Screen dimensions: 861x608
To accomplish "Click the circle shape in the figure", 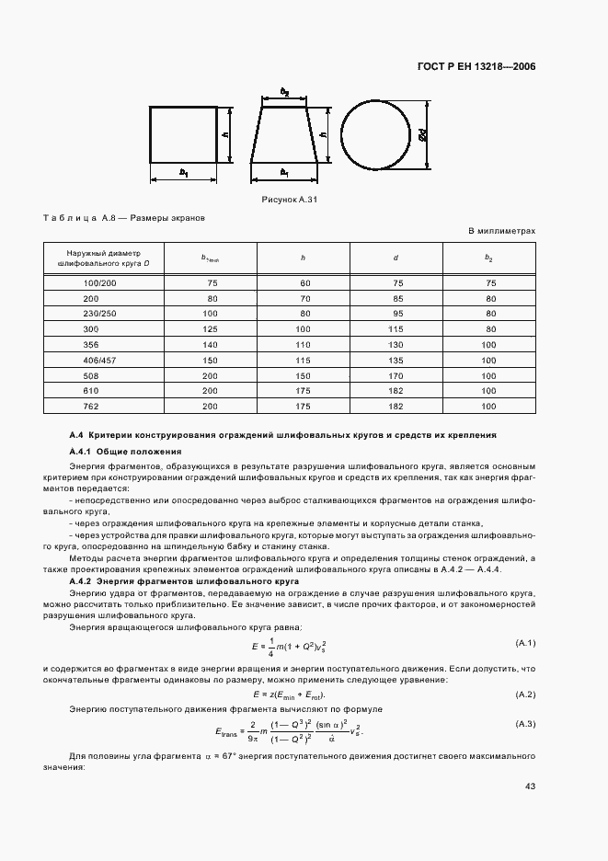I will [x=375, y=134].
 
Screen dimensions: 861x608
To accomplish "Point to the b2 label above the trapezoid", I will [x=285, y=92].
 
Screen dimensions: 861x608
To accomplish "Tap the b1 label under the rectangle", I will [x=183, y=172].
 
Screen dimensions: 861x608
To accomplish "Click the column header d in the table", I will [x=396, y=257].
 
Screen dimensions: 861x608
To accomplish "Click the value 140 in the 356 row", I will [x=212, y=344].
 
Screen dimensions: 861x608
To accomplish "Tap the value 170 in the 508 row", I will [x=396, y=375].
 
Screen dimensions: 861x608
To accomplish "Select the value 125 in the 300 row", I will [x=212, y=328].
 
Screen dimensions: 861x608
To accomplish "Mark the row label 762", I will [x=92, y=406].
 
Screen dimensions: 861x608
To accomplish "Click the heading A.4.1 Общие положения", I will [x=125, y=452].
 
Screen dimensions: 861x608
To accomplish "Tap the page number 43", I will [x=530, y=786].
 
